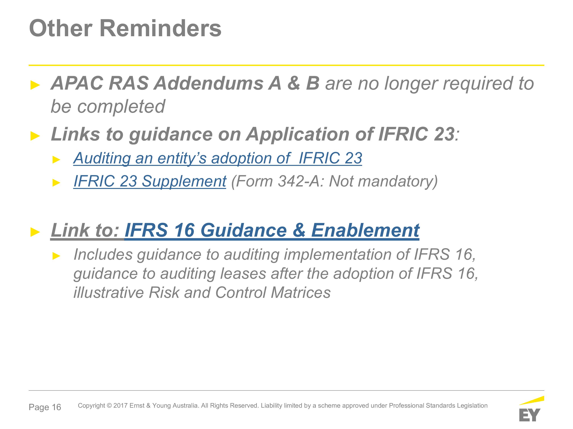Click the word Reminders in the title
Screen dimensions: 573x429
tap(160, 28)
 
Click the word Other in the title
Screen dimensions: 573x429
tap(61, 28)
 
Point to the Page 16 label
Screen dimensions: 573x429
tap(45, 407)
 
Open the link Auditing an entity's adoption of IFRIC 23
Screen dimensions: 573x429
tap(218, 158)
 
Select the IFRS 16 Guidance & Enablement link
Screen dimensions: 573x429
tap(272, 230)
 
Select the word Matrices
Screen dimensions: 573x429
tap(300, 292)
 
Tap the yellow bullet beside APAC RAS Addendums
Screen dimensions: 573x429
tap(35, 85)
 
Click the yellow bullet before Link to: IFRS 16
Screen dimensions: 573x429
tap(35, 232)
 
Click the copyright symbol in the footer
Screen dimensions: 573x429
tap(109, 406)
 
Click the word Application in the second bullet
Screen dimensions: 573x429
tap(298, 134)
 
